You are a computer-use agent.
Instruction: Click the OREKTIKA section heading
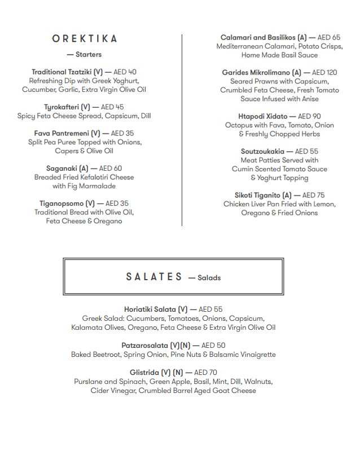coord(85,39)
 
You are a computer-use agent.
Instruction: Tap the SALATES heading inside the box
coord(154,277)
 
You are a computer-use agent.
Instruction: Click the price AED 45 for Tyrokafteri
coord(112,107)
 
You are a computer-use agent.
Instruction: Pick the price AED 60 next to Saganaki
coord(110,169)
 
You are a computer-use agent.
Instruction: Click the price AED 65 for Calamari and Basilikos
coord(328,38)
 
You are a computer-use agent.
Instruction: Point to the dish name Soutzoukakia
coord(262,152)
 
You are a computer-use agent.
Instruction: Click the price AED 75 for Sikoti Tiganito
coord(313,195)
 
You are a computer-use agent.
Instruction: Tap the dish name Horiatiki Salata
coord(150,309)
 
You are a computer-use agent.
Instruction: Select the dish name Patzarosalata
coord(147,346)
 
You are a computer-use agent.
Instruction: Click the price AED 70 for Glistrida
coord(205,373)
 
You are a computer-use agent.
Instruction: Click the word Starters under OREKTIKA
coord(89,55)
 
